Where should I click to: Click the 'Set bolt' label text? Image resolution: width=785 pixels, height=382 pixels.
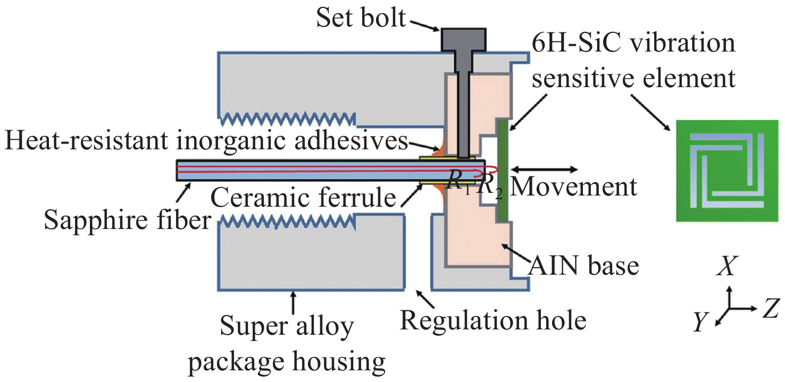[361, 18]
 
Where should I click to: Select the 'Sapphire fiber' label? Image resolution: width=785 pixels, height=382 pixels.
[128, 220]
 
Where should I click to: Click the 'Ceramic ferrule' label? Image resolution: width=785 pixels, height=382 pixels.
[303, 198]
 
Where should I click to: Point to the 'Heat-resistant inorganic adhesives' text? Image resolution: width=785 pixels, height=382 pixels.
[206, 141]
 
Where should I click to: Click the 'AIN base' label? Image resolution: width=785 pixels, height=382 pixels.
[583, 266]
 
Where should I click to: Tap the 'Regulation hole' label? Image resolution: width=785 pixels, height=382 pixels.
[493, 320]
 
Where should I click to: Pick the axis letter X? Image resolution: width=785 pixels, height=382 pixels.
[727, 266]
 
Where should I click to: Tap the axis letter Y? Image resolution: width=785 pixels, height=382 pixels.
[700, 322]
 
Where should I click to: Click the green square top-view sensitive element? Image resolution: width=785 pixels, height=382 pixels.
[727, 171]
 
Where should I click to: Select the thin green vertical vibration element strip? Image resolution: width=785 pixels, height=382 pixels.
[502, 171]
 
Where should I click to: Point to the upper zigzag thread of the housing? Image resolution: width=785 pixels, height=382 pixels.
[287, 119]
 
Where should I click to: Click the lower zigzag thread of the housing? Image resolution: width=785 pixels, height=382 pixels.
[287, 223]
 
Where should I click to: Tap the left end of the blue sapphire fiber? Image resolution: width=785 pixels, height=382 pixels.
[177, 170]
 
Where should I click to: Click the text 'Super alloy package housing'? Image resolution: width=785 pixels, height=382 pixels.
[287, 344]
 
